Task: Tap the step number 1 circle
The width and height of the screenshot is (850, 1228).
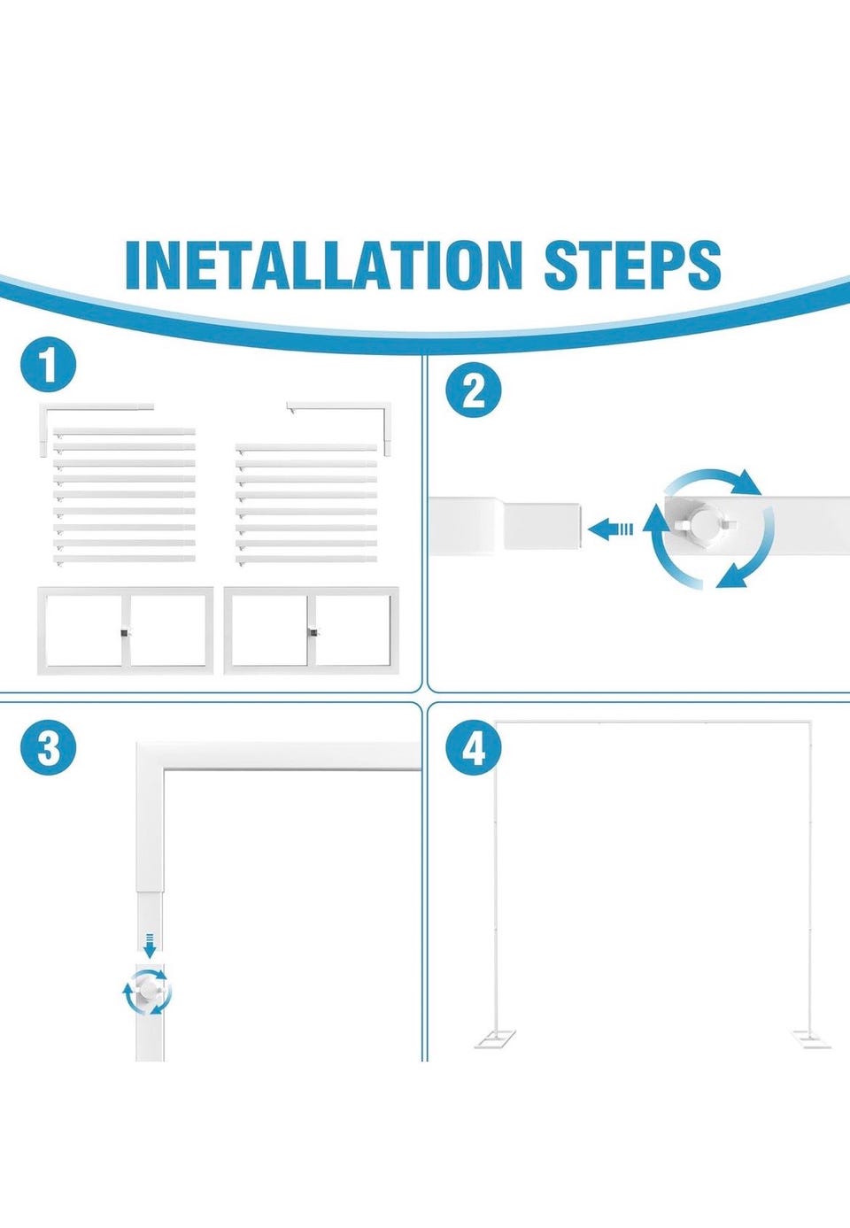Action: click(48, 365)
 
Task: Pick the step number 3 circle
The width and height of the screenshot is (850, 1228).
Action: click(48, 748)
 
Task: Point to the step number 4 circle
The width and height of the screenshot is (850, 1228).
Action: click(475, 748)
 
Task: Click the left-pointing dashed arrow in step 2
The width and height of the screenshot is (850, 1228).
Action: click(610, 529)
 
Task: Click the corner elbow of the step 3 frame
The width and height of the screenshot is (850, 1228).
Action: click(150, 756)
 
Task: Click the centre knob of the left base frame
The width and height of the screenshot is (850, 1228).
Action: click(126, 633)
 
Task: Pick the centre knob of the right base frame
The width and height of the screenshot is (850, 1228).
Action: click(313, 633)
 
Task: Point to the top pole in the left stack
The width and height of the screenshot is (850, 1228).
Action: click(125, 432)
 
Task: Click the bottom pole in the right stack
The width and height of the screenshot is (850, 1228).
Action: click(306, 560)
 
